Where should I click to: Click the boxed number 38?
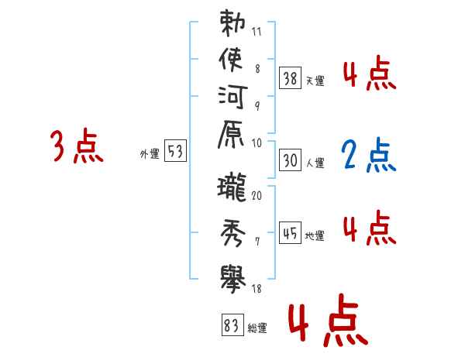coord(291,77)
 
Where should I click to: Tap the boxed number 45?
coord(291,232)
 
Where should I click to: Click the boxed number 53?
coord(176,152)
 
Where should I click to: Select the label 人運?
coord(315,163)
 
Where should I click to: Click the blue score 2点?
coord(369,156)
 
